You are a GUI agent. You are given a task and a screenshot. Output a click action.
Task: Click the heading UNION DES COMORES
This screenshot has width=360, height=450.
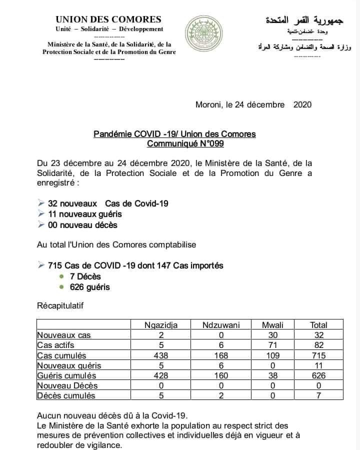[x=109, y=19]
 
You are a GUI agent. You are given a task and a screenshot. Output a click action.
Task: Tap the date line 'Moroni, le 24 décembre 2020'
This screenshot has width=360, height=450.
[x=253, y=104]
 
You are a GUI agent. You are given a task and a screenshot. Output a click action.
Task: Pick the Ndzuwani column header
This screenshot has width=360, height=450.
[x=221, y=325]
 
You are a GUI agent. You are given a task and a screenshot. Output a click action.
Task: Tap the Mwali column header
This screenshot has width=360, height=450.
[x=272, y=325]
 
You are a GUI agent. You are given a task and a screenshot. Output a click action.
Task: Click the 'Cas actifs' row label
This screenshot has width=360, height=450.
[x=56, y=345]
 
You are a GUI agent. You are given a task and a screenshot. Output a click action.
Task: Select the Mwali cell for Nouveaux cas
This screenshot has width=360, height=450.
[x=272, y=335]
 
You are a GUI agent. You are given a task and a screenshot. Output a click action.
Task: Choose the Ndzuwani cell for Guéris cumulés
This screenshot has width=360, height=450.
[x=221, y=375]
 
